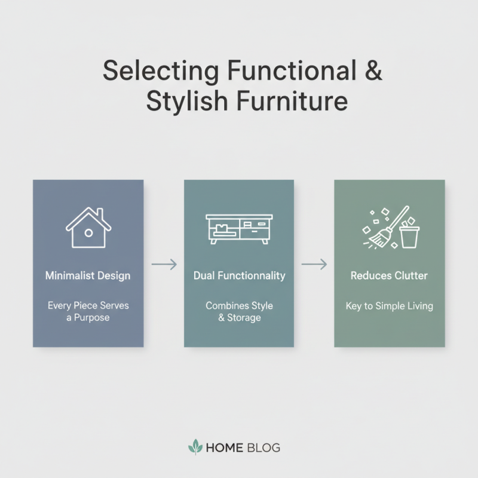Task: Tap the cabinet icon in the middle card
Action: pyautogui.click(x=239, y=229)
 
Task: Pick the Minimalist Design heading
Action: pyautogui.click(x=88, y=276)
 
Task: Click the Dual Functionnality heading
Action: pyautogui.click(x=239, y=276)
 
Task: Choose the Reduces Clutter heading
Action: pyautogui.click(x=389, y=276)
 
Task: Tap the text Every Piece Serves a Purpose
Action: pyautogui.click(x=88, y=311)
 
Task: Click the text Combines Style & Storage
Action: pyautogui.click(x=239, y=311)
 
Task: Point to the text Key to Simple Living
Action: pyautogui.click(x=389, y=306)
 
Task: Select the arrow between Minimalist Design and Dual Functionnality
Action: pyautogui.click(x=164, y=263)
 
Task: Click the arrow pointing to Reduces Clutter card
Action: pyautogui.click(x=314, y=263)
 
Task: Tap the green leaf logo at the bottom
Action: pyautogui.click(x=195, y=447)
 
